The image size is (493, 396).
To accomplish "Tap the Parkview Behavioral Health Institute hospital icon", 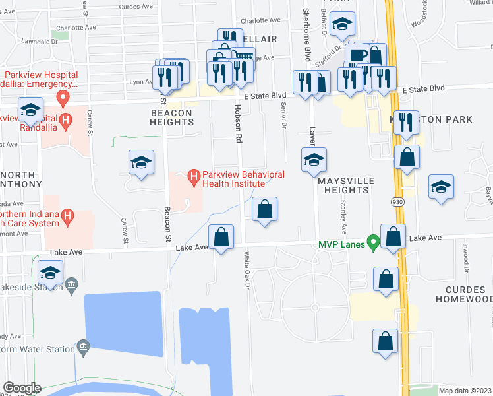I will click(x=194, y=176).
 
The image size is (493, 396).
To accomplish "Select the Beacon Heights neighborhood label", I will click(x=171, y=118).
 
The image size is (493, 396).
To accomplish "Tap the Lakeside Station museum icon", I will click(x=71, y=285).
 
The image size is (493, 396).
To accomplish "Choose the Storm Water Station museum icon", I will click(x=83, y=346).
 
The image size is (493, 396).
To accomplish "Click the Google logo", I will click(x=22, y=388).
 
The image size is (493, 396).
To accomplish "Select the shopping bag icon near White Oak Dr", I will click(x=264, y=210).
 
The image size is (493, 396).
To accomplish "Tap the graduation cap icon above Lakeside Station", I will click(x=51, y=273).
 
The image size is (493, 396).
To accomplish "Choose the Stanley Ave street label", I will click(x=343, y=220).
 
